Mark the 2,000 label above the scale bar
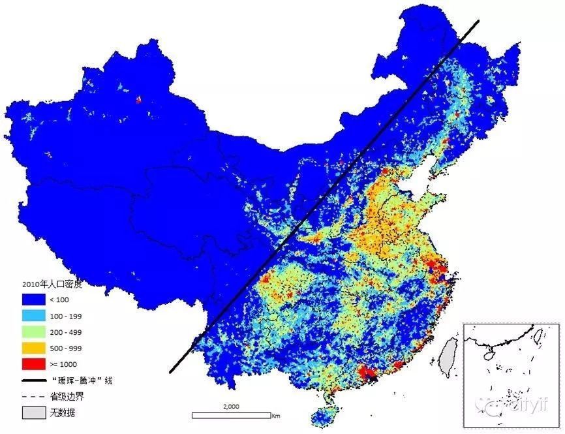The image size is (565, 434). coord(232,407)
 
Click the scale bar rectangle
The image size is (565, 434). coord(231,414)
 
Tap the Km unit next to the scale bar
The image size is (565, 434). coord(276,415)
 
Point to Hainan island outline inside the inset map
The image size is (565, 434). coord(489,356)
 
